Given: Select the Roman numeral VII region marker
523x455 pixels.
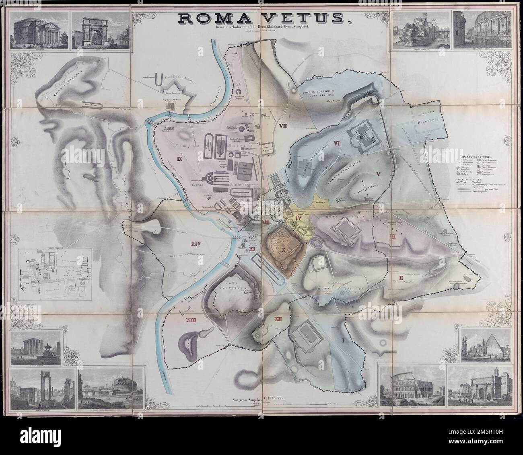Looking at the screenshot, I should point(282,126).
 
